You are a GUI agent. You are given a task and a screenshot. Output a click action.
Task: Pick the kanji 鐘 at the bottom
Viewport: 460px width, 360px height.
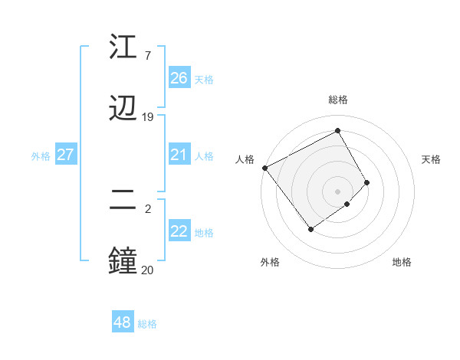(x=123, y=260)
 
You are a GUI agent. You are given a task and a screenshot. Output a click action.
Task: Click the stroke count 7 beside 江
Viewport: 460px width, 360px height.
(x=147, y=56)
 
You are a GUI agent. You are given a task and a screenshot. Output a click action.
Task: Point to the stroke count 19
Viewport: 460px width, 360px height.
(x=148, y=117)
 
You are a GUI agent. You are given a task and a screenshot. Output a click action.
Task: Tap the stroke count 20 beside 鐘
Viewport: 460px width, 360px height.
(x=147, y=270)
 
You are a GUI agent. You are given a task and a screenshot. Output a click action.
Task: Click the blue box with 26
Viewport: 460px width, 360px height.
(x=179, y=78)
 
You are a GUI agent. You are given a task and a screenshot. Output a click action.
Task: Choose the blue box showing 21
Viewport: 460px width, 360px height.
(x=179, y=155)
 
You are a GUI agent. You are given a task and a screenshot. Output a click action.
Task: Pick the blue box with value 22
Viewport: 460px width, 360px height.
(x=179, y=231)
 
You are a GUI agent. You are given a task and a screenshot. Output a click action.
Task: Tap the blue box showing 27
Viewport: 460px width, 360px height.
(x=65, y=155)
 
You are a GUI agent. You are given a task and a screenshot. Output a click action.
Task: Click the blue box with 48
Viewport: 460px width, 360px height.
(x=122, y=322)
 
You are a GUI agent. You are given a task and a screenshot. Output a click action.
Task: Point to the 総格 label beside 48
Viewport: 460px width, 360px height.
(x=147, y=324)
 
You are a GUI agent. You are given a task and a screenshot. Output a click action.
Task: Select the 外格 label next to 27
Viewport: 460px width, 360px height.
(x=41, y=156)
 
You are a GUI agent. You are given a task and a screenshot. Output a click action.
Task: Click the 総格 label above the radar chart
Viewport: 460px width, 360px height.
(x=338, y=100)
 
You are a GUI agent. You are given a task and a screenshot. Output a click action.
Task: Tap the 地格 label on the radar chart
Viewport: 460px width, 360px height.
(x=402, y=262)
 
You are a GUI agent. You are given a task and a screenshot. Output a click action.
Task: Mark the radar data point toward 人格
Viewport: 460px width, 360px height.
(x=264, y=168)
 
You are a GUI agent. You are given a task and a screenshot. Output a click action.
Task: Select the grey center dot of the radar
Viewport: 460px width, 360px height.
(x=338, y=191)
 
